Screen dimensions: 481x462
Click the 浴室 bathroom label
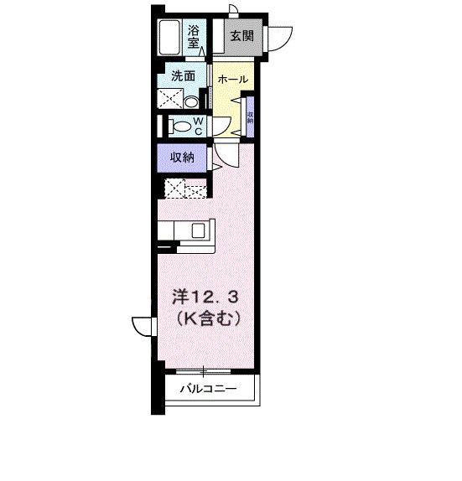[x=194, y=34]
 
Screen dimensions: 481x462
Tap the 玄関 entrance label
[x=241, y=36]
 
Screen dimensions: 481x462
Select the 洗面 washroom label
[x=183, y=75]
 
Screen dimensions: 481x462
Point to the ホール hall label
[x=232, y=79]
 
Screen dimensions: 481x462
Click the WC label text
[x=199, y=125]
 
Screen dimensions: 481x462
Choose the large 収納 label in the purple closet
[x=183, y=156]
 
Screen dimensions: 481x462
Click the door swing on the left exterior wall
[x=141, y=326]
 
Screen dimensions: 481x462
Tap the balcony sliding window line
[x=205, y=369]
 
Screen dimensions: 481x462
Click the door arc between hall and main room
[x=226, y=155]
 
